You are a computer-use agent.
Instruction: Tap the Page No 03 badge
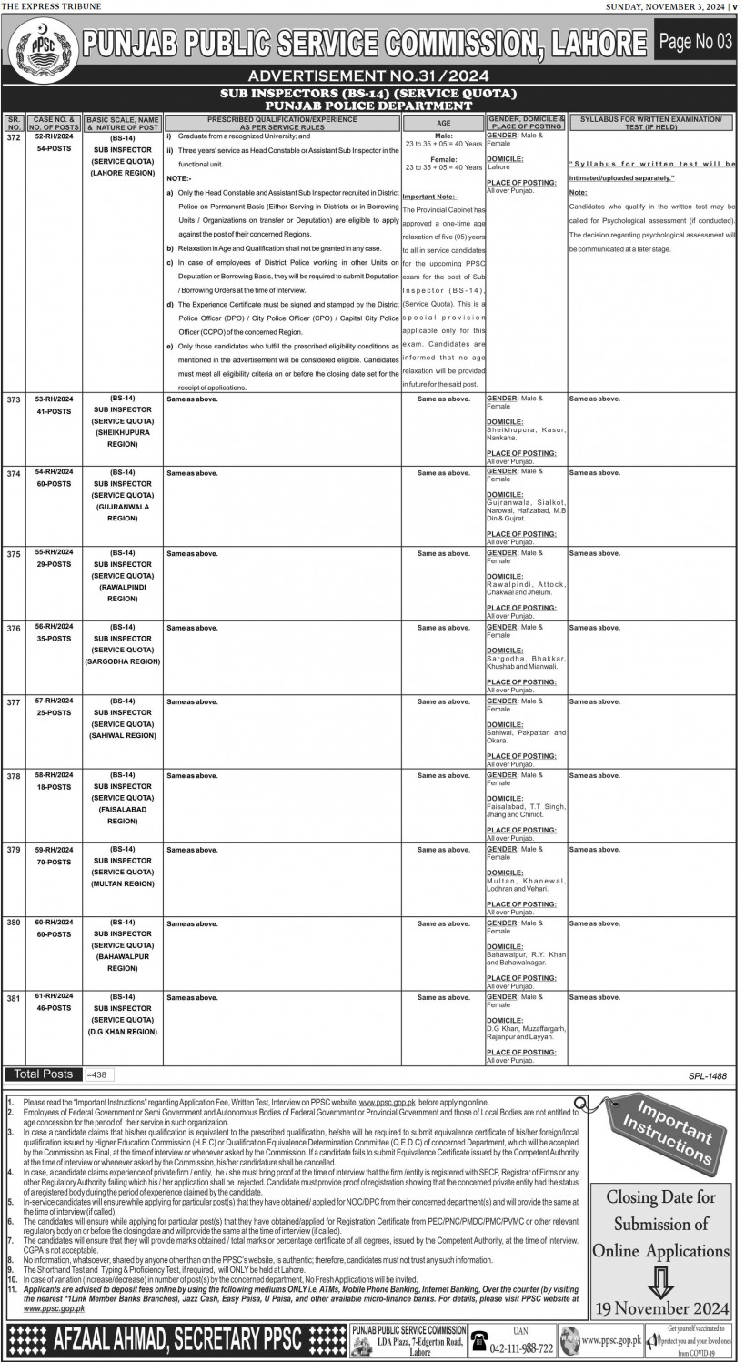pyautogui.click(x=696, y=41)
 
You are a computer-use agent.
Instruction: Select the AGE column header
pyautogui.click(x=444, y=121)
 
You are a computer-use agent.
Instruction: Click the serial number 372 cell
pyautogui.click(x=13, y=136)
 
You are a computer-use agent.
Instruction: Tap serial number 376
pyautogui.click(x=13, y=628)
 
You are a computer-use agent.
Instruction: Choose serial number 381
pyautogui.click(x=13, y=998)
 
